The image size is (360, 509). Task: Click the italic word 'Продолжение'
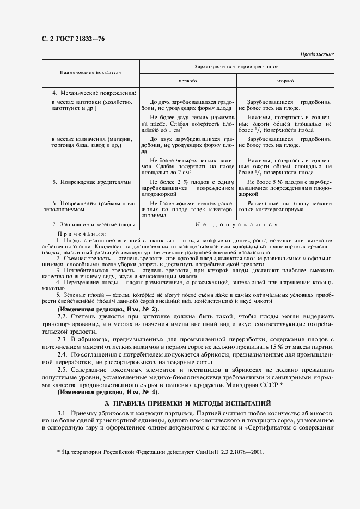(x=317, y=55)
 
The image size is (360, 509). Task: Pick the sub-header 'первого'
(x=188, y=80)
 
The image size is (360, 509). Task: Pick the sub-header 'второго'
(x=285, y=80)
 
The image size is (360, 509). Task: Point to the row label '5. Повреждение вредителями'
(x=91, y=182)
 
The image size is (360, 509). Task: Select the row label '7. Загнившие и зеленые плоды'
(x=94, y=224)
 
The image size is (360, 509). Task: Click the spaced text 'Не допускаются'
(x=236, y=224)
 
